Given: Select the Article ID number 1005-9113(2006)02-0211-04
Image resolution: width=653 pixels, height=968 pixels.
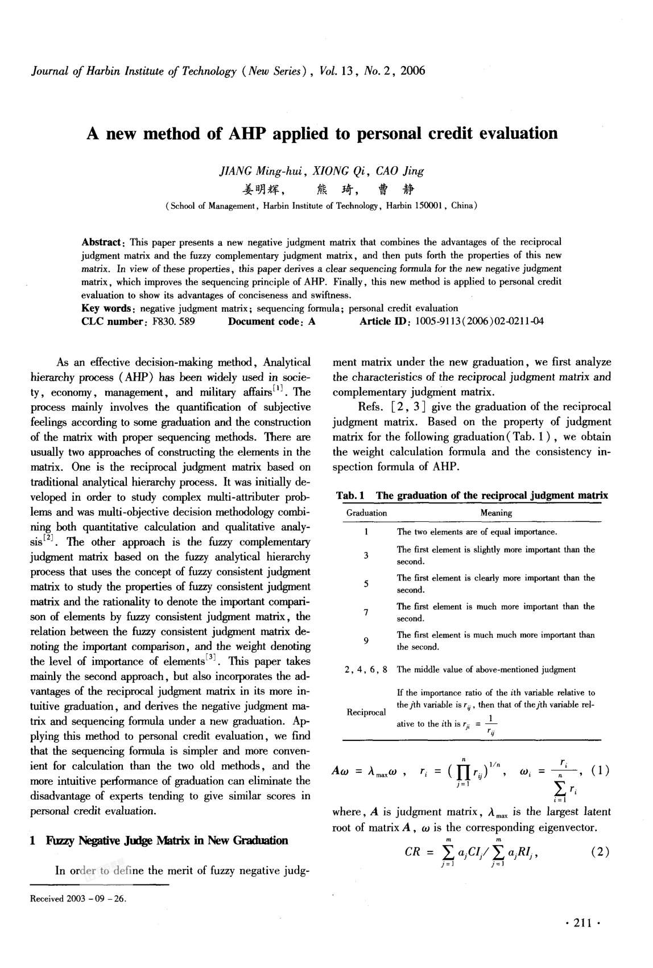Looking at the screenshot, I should coord(480,322).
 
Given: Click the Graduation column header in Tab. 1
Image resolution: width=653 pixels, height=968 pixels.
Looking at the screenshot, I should coord(366,513).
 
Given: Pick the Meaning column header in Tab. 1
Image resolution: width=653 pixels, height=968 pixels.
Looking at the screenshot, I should coord(496,513).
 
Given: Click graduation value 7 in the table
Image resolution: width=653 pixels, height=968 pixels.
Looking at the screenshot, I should coord(366,612).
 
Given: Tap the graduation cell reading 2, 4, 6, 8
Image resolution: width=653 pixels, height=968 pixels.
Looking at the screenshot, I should coord(366,670).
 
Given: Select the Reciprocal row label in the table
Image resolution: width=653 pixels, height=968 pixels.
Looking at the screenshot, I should coord(366,712).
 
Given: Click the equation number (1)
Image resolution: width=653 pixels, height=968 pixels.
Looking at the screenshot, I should coord(600,772).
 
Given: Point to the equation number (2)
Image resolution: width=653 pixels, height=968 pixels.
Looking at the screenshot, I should coord(600,852).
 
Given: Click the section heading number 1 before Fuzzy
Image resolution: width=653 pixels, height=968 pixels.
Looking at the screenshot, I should coord(33,841).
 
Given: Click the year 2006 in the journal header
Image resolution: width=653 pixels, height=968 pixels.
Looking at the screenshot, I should coord(412,71).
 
